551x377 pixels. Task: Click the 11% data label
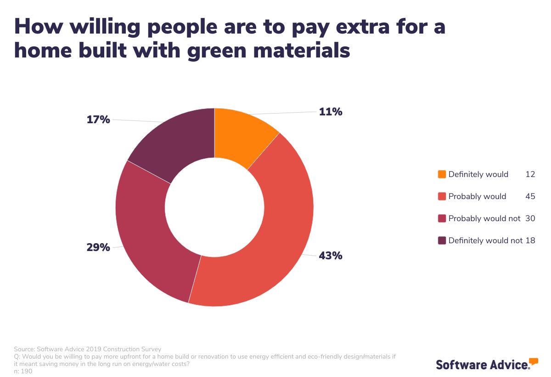(331, 112)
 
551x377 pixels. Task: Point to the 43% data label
(331, 256)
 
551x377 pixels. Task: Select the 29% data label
(98, 247)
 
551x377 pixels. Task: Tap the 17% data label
(98, 120)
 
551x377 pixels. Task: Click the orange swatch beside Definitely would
(442, 174)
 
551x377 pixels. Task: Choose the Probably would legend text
(477, 196)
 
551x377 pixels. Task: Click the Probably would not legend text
(484, 218)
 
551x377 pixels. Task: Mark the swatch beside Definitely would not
(442, 240)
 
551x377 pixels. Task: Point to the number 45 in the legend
(530, 196)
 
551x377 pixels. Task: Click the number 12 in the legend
(530, 174)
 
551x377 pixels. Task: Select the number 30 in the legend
(530, 218)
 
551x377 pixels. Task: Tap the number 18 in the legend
(530, 240)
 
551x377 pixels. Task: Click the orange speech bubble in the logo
(534, 361)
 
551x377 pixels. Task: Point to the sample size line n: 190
(23, 371)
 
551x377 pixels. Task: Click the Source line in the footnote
(87, 349)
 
